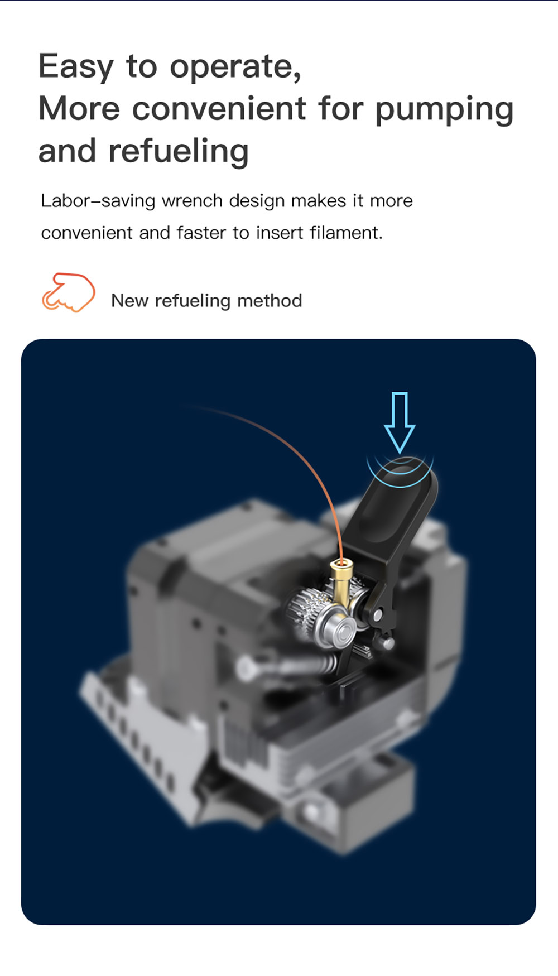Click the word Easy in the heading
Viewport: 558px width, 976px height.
76,68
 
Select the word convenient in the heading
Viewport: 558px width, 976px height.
219,108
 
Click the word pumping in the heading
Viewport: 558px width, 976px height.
444,110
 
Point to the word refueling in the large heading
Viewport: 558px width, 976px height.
179,152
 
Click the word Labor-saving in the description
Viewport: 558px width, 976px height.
98,201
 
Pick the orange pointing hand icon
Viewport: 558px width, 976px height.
68,292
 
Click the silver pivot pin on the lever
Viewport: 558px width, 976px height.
377,615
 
